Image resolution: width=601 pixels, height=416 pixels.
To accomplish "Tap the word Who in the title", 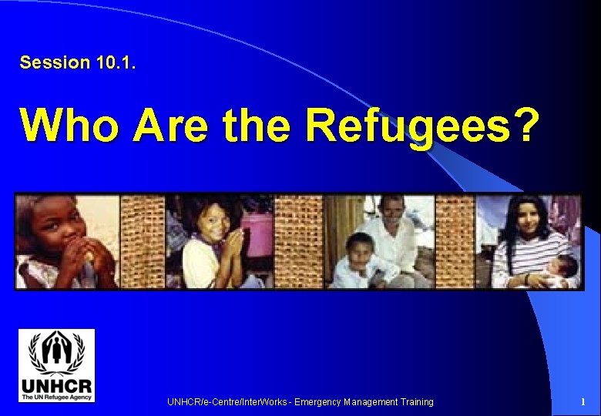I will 69,126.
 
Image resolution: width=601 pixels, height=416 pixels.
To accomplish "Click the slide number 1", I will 583,402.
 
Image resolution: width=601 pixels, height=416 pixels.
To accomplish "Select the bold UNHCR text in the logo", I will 57,385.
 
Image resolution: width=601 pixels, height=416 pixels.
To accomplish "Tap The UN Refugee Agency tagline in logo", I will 57,397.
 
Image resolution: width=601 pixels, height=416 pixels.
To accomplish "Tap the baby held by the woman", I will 562,270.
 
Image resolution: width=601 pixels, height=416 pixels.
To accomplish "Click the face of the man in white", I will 392,212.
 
